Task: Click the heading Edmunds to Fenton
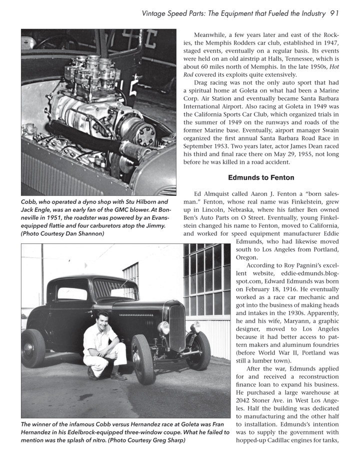261,177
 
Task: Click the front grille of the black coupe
177,327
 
